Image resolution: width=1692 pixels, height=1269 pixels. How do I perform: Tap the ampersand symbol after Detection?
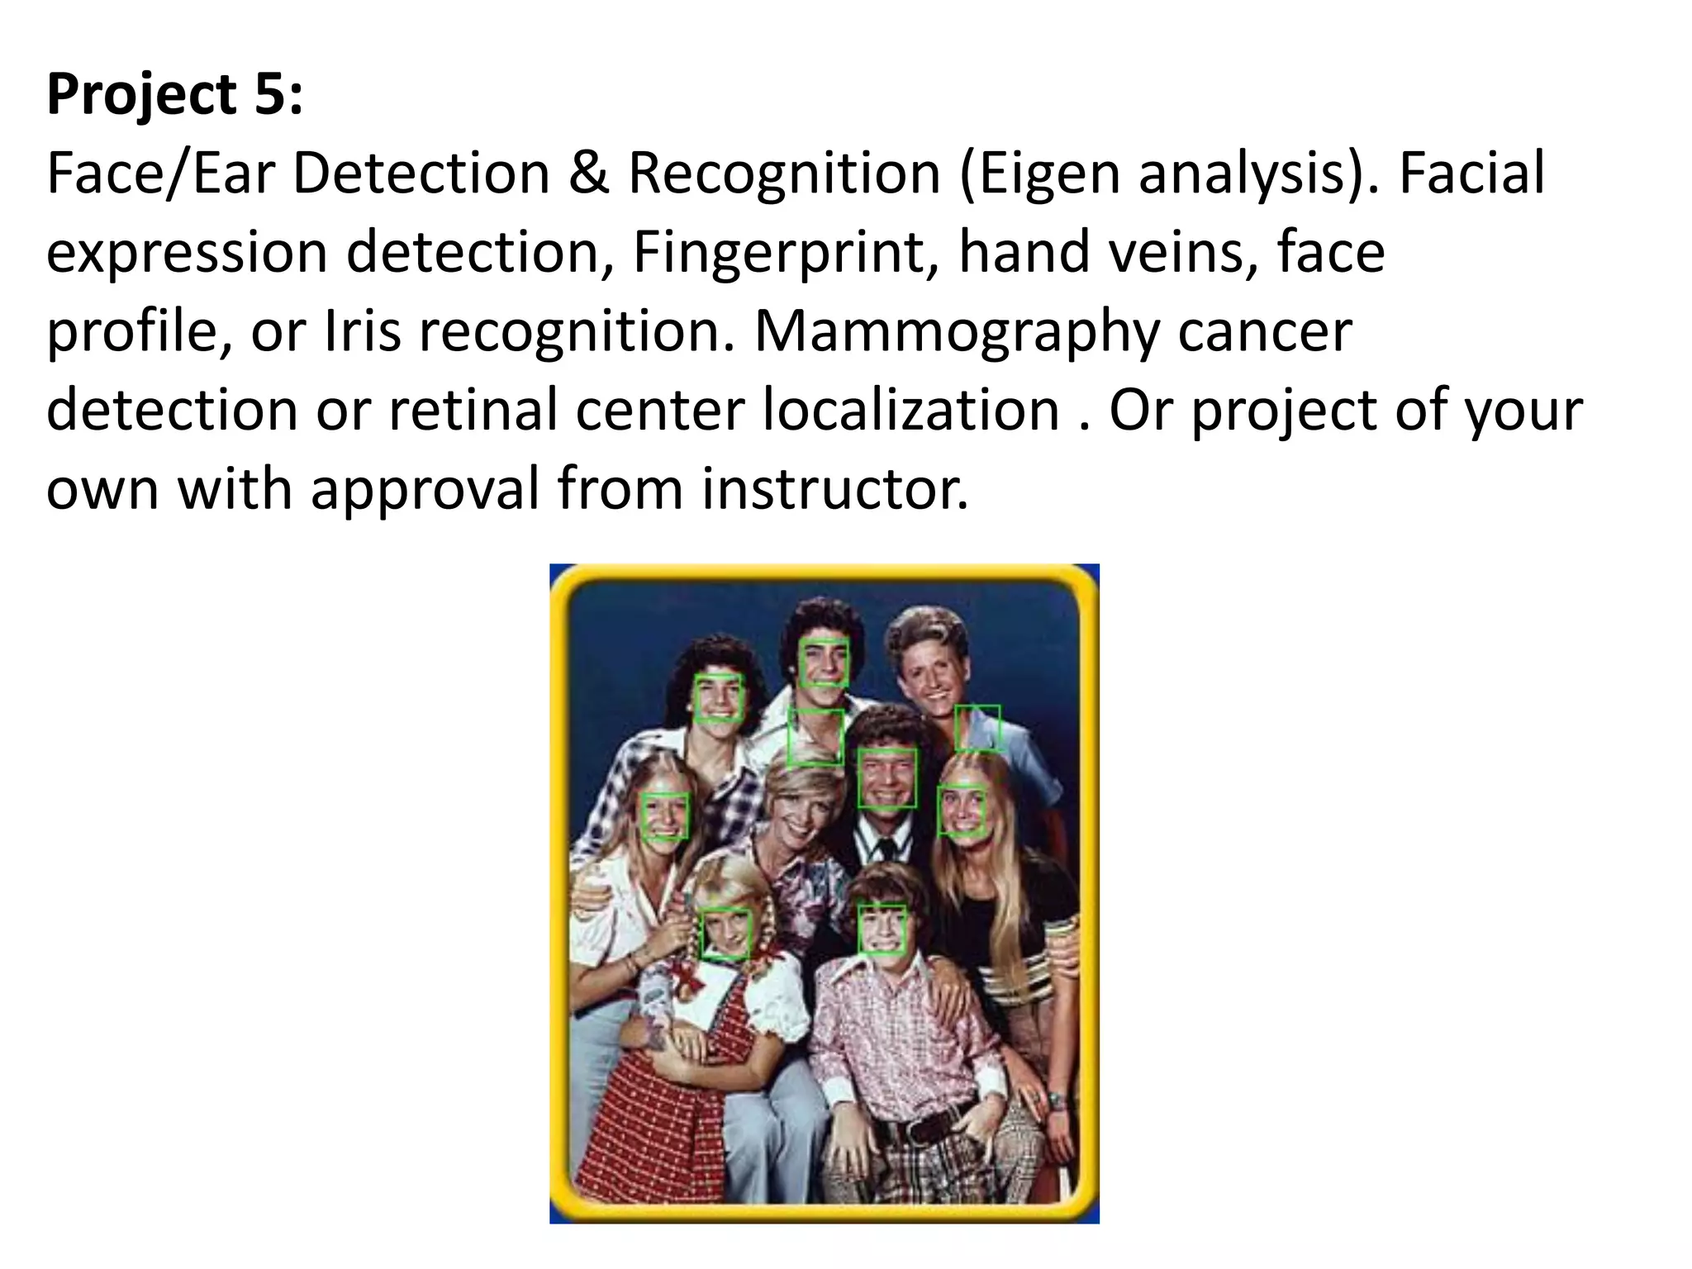pos(588,173)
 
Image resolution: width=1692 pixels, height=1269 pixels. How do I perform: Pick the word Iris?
pos(363,331)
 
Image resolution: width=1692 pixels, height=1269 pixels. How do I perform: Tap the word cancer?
pos(1264,331)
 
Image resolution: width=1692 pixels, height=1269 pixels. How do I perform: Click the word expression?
pos(187,254)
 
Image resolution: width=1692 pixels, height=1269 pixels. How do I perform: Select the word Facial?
pos(1471,173)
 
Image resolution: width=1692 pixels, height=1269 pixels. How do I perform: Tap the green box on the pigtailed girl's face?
pos(725,934)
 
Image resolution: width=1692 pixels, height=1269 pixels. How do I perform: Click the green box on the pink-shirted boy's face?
pos(882,929)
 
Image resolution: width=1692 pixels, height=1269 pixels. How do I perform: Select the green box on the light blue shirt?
pos(977,727)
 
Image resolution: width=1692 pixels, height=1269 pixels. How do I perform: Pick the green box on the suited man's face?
pos(886,777)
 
